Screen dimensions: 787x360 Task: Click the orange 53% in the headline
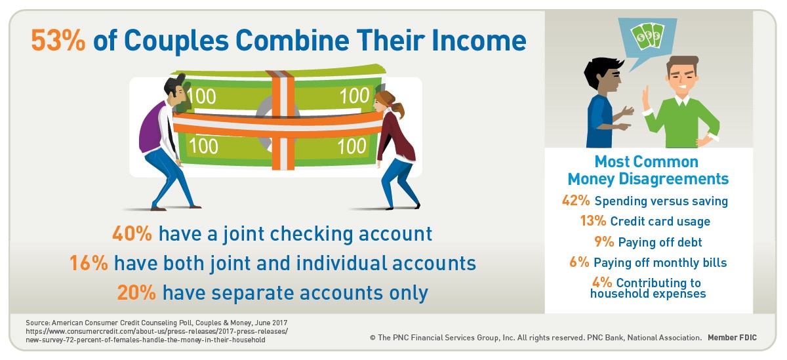click(58, 41)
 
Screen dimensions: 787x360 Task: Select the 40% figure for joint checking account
click(132, 233)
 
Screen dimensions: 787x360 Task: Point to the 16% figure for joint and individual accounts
click(89, 263)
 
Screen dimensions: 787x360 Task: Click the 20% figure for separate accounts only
click(136, 292)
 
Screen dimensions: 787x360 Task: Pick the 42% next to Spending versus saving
click(576, 200)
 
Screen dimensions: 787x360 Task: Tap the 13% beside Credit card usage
click(593, 220)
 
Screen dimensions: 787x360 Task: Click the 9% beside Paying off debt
click(604, 241)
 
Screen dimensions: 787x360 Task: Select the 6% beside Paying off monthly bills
click(579, 262)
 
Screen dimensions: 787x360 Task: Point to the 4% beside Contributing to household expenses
click(602, 282)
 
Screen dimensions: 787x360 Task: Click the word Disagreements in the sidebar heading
click(673, 179)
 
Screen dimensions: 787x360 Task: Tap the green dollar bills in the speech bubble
click(647, 36)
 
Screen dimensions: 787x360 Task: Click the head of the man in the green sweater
click(682, 75)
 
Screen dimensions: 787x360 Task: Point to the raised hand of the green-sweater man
click(645, 98)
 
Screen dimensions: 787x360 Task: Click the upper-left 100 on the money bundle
click(201, 96)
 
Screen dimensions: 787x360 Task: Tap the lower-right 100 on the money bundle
click(352, 146)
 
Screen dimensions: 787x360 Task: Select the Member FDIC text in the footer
click(732, 338)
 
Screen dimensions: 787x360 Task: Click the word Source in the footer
click(38, 323)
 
